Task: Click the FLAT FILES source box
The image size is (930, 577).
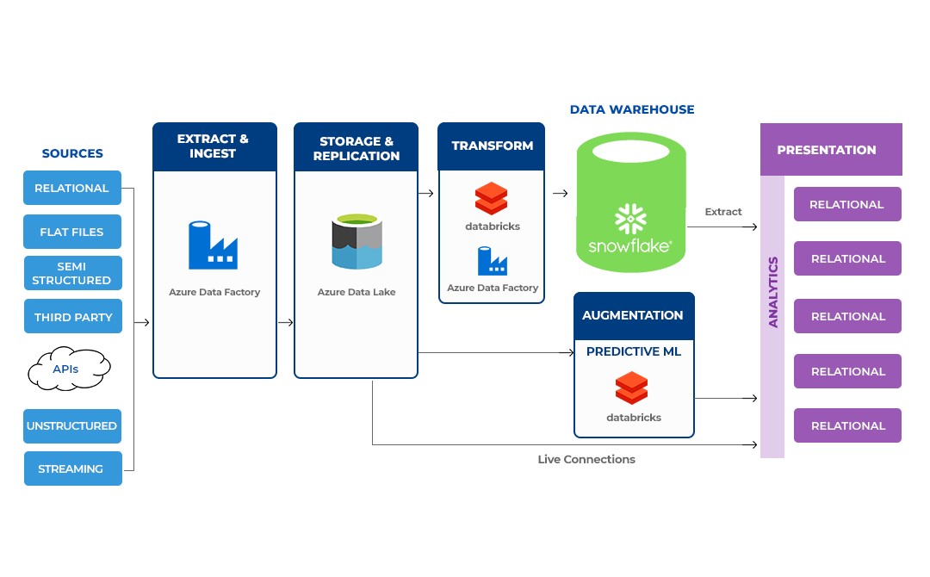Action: [x=72, y=232]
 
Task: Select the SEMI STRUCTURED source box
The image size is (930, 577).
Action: [x=72, y=273]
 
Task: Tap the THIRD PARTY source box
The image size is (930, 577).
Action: [x=72, y=317]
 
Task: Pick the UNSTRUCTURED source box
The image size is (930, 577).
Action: [x=72, y=425]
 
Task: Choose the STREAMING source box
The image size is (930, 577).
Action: [x=72, y=468]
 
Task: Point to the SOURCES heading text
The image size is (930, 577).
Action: [x=72, y=153]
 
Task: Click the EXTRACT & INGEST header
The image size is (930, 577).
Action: [x=214, y=146]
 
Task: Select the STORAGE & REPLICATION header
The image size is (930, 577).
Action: [x=356, y=147]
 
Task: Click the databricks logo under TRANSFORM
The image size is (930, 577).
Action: [x=492, y=199]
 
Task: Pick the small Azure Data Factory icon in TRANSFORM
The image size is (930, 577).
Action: [x=492, y=260]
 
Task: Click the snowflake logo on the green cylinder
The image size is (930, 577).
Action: [x=630, y=220]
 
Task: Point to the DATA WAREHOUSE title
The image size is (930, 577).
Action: [x=632, y=109]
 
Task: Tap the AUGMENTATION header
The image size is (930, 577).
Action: [x=633, y=315]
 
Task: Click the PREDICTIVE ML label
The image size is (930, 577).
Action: [x=633, y=351]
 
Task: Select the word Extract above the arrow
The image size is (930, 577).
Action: [x=722, y=212]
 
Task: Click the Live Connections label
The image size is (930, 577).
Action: [x=586, y=459]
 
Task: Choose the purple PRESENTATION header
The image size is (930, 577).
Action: [x=827, y=150]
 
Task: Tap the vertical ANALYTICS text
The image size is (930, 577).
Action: [x=772, y=292]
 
